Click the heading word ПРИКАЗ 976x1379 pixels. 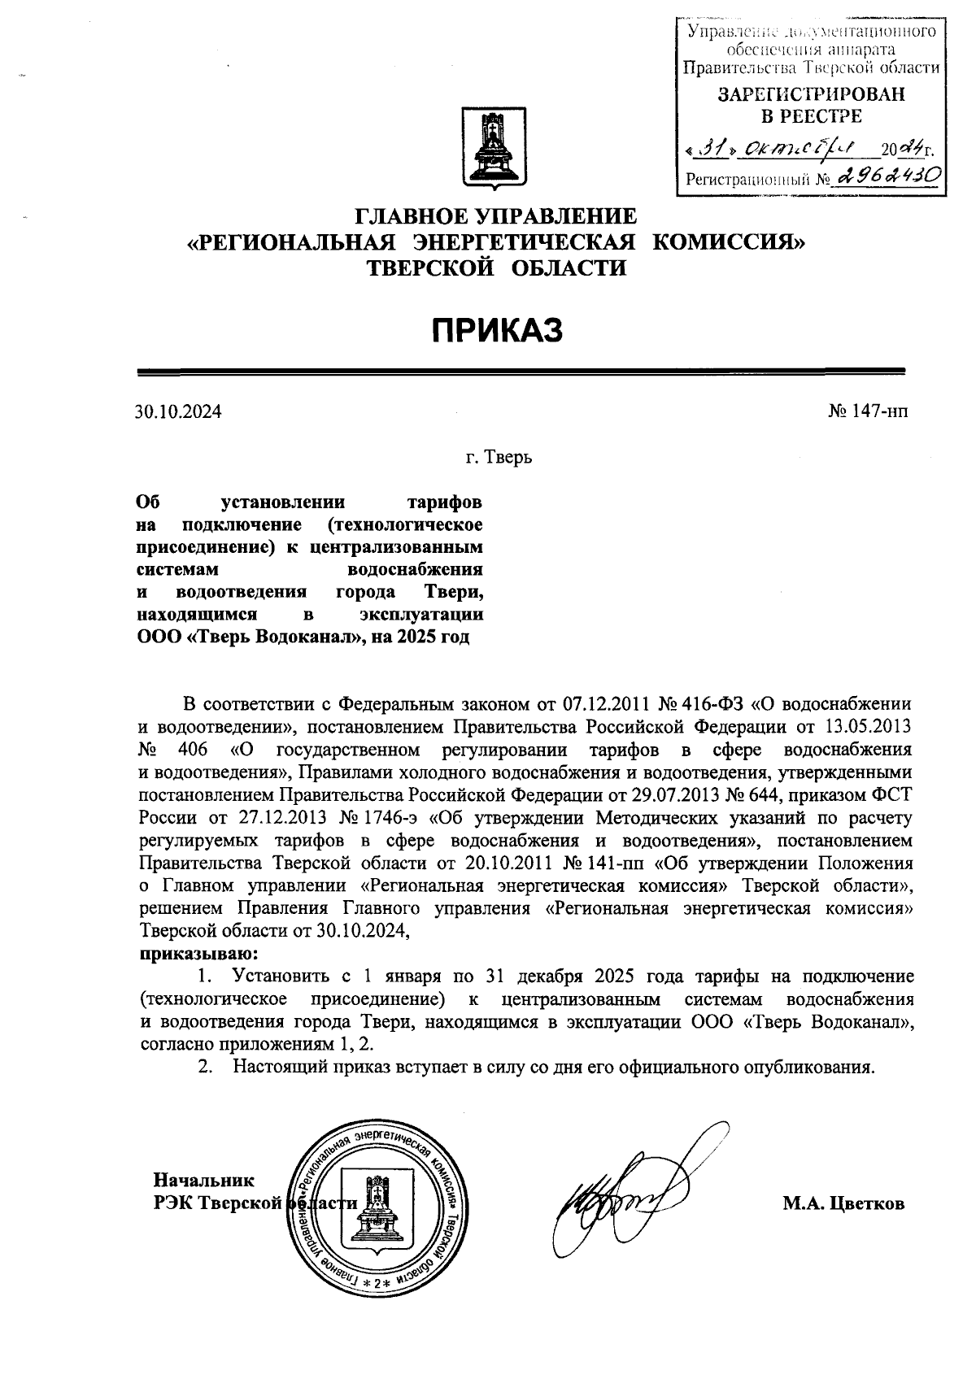click(x=497, y=331)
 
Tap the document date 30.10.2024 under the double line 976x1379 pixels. click(x=179, y=411)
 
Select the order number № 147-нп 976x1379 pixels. click(x=867, y=411)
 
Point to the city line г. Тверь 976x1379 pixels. click(x=499, y=457)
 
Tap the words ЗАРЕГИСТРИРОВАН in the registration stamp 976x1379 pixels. click(x=810, y=94)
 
